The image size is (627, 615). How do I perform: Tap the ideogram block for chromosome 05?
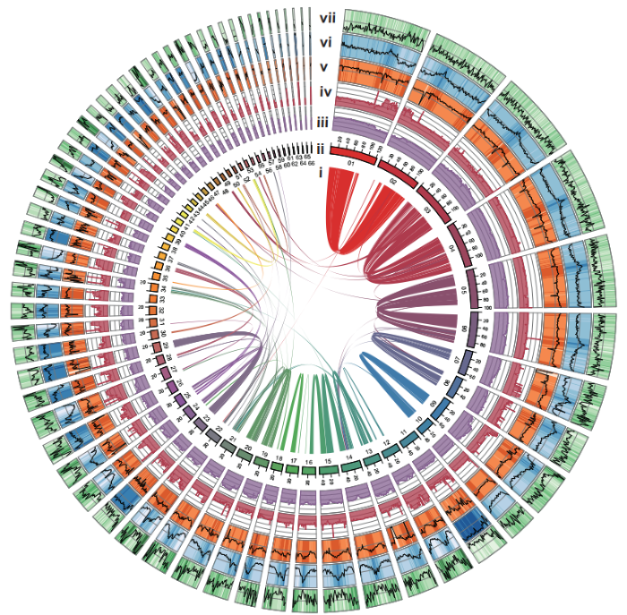click(468, 292)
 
